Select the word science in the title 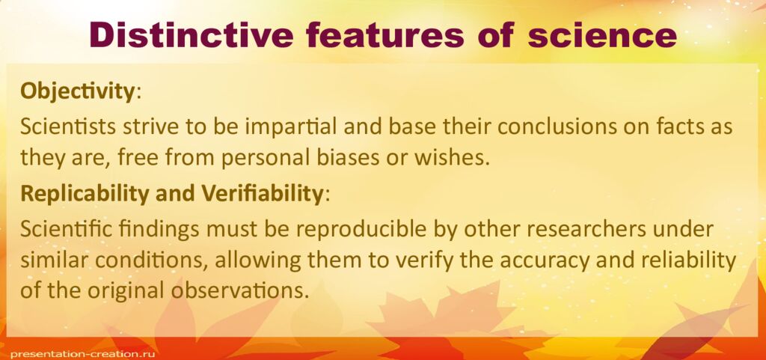click(602, 34)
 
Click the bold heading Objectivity click(77, 91)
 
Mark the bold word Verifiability click(261, 194)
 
